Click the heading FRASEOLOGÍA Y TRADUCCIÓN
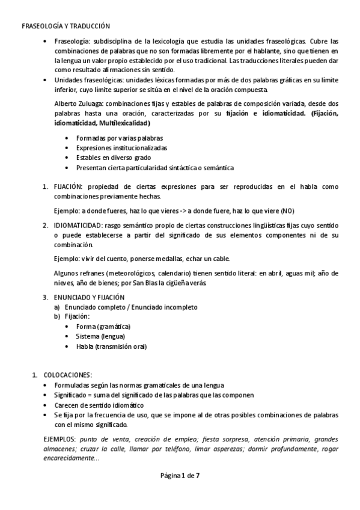point(65,26)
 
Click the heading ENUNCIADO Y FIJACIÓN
point(89,297)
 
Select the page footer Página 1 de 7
point(180,475)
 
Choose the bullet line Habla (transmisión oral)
point(111,346)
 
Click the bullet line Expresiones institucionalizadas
point(121,147)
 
